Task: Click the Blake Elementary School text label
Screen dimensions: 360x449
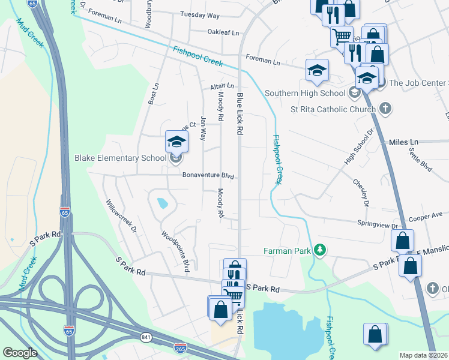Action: (120, 158)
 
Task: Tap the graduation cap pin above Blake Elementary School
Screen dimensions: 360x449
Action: (176, 141)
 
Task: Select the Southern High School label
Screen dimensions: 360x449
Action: (306, 93)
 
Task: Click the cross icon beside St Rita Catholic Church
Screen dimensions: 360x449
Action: (385, 109)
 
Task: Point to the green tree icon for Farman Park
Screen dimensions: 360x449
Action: (321, 250)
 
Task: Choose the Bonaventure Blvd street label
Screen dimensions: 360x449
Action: (208, 176)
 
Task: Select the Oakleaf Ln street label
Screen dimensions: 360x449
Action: (223, 32)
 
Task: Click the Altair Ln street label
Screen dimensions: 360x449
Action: (221, 86)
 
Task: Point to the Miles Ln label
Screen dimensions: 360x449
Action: (403, 142)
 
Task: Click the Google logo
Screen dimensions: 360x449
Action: (20, 353)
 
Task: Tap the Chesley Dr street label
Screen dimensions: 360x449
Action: (360, 191)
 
